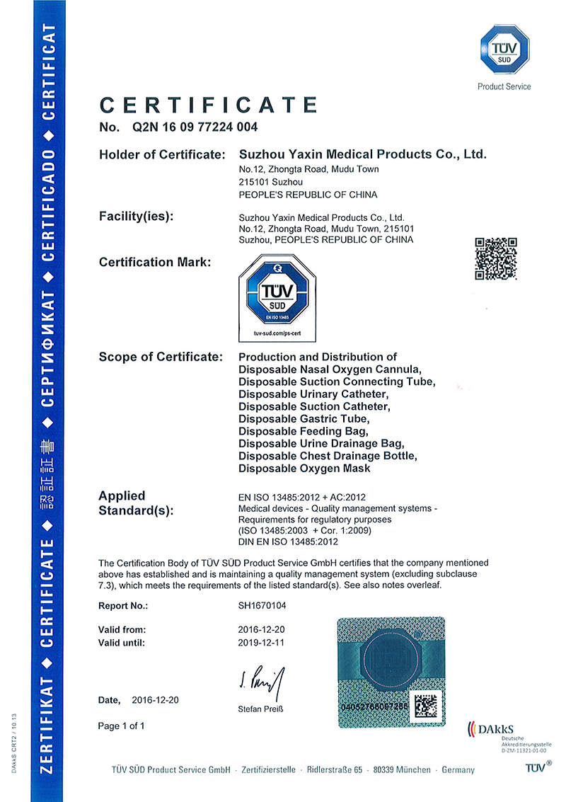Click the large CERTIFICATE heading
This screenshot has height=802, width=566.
click(x=209, y=105)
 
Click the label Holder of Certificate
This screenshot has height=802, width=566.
click(x=162, y=154)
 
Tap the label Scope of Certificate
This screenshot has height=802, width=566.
click(x=161, y=357)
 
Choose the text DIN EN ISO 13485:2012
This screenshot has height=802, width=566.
click(x=289, y=542)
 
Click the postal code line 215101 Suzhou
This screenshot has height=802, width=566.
click(x=267, y=182)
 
